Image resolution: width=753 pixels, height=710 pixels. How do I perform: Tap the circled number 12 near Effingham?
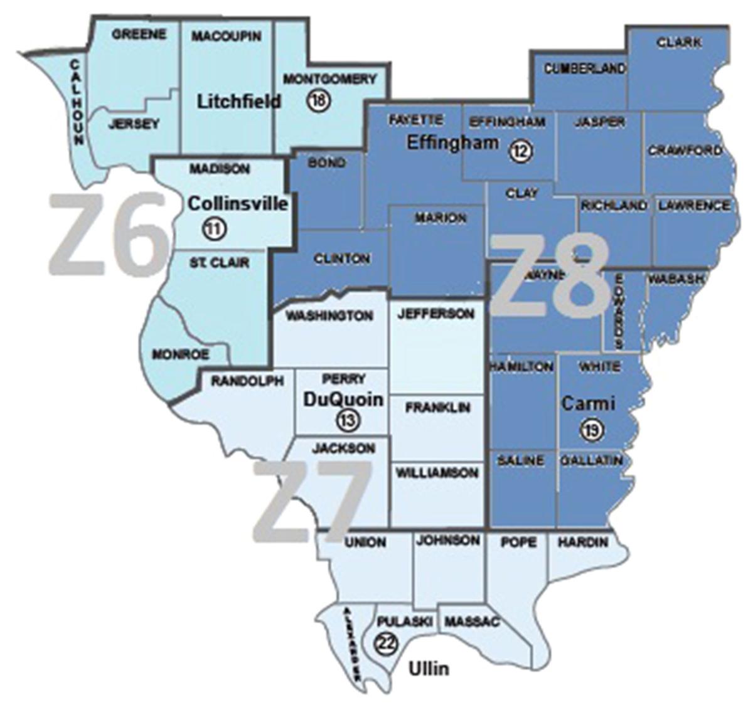pyautogui.click(x=521, y=151)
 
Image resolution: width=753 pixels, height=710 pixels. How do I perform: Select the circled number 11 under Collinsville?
pyautogui.click(x=214, y=229)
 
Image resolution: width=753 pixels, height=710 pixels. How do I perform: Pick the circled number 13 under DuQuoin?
pyautogui.click(x=348, y=420)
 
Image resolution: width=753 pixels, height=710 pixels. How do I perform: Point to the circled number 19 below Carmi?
pyautogui.click(x=590, y=430)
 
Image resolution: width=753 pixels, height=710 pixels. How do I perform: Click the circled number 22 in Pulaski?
pyautogui.click(x=383, y=644)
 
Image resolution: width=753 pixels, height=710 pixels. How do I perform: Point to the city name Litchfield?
pyautogui.click(x=239, y=101)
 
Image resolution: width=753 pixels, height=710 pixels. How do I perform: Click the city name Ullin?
pyautogui.click(x=429, y=669)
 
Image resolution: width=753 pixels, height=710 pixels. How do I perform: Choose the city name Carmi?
pyautogui.click(x=588, y=403)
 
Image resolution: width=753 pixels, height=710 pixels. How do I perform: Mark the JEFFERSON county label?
pyautogui.click(x=435, y=313)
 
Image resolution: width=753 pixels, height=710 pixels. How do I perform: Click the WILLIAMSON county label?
pyautogui.click(x=437, y=473)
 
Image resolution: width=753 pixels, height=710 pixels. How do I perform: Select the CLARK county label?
pyautogui.click(x=679, y=43)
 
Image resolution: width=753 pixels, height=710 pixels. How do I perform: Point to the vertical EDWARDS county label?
pyautogui.click(x=619, y=311)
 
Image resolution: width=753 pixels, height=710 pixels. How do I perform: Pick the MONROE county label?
pyautogui.click(x=180, y=354)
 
